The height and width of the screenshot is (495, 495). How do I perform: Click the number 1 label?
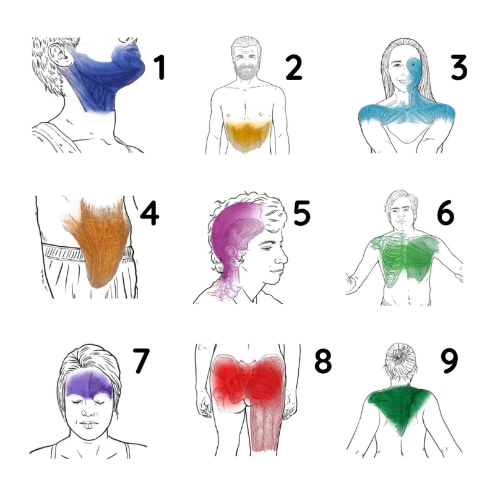(160, 67)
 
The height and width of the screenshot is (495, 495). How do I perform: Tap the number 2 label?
(293, 67)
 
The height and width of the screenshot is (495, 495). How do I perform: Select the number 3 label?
(458, 67)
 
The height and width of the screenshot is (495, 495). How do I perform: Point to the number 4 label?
(149, 213)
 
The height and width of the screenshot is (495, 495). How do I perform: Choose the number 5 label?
(302, 213)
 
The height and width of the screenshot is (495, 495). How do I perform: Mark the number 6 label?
(445, 213)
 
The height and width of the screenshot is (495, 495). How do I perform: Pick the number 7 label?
(140, 361)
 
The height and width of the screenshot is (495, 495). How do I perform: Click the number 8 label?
(323, 361)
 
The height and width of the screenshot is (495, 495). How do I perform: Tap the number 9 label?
(449, 361)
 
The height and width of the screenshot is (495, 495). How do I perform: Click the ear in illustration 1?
(59, 54)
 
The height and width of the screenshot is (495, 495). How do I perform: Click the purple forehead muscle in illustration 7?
(90, 384)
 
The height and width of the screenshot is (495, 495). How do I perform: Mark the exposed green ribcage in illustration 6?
(393, 259)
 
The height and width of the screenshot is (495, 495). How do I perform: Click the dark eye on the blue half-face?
(413, 65)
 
